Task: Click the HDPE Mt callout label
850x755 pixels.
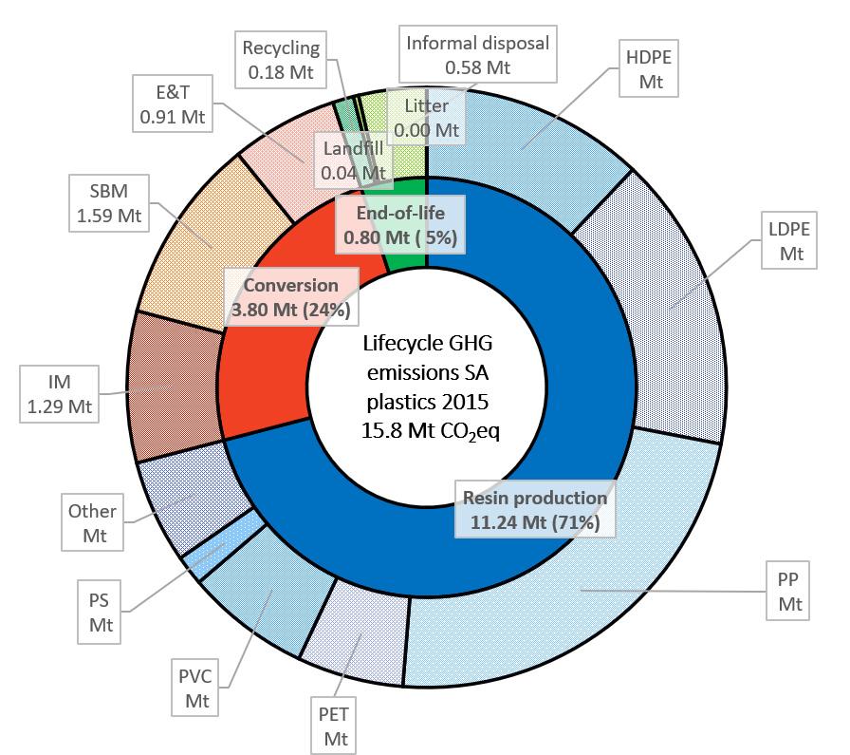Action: (x=651, y=67)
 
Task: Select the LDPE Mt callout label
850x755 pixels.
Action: (x=791, y=241)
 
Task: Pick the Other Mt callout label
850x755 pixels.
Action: (x=92, y=523)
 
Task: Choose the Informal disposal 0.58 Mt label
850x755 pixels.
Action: (x=477, y=54)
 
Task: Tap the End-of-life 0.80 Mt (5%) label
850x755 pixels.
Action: (x=398, y=224)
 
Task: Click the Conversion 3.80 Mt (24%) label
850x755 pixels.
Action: (x=291, y=296)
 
